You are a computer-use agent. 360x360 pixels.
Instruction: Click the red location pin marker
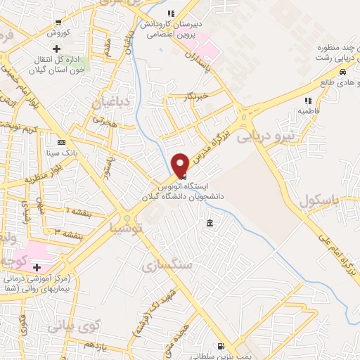click(180, 163)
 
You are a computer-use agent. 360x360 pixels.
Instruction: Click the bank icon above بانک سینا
click(61, 141)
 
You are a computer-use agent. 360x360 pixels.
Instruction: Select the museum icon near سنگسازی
click(210, 224)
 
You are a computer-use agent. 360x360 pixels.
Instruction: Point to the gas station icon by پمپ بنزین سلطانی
click(221, 346)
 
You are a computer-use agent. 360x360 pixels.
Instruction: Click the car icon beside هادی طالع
click(342, 72)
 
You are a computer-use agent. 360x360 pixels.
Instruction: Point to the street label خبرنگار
click(197, 95)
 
